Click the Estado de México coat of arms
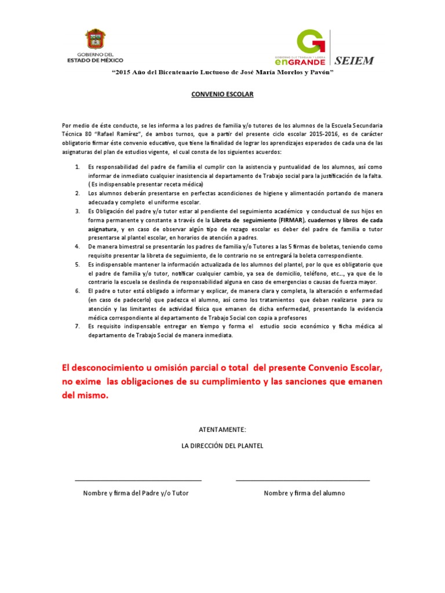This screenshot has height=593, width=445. tap(95, 39)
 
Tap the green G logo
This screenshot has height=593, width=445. tap(307, 42)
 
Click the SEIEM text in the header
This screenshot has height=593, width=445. tap(353, 60)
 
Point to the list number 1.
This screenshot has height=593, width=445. tap(78, 167)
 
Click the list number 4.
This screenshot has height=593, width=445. tap(78, 246)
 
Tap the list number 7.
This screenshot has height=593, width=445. tap(78, 326)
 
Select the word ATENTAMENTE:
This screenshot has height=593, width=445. tap(222, 429)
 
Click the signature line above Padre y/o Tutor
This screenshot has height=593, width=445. tap(138, 480)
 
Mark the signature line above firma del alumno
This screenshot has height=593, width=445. tap(302, 480)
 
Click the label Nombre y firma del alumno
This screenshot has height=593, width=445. tap(304, 493)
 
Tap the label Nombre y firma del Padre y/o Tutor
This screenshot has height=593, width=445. tap(136, 493)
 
